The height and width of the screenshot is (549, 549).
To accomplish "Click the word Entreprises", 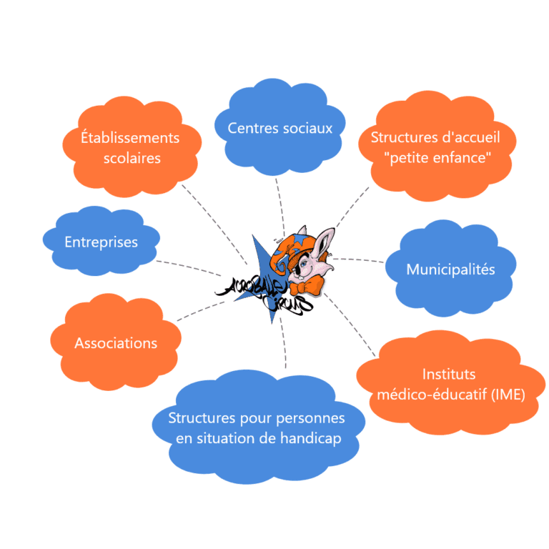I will pyautogui.click(x=101, y=242).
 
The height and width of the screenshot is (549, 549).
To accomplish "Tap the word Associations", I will pyautogui.click(x=116, y=343).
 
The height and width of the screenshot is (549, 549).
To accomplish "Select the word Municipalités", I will pyautogui.click(x=450, y=269).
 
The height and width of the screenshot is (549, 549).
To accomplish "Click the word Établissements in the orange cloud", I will pyautogui.click(x=130, y=137).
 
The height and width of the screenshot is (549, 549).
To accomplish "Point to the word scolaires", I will pyautogui.click(x=132, y=158).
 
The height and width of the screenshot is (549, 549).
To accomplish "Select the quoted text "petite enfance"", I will pyautogui.click(x=437, y=158).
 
